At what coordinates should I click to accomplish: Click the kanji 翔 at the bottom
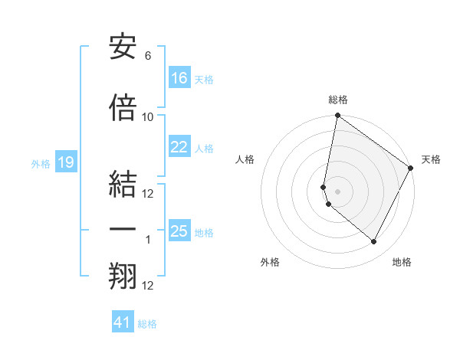coord(123,277)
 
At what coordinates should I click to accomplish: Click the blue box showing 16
coord(179,78)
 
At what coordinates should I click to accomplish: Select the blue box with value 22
coord(179,148)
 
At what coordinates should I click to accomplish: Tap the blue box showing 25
coord(179,231)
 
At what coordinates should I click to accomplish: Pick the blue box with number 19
coord(65,162)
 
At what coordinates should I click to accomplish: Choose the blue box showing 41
coord(123,322)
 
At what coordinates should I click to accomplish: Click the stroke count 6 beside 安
coord(148,56)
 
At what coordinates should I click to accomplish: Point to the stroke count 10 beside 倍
coord(148,117)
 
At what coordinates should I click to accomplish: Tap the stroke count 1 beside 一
coord(148,240)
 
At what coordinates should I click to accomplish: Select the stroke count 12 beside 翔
coord(148,286)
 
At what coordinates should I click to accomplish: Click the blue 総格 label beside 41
coord(147,324)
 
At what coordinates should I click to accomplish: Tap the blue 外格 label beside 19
coord(40,163)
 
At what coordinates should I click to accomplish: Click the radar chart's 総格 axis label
coord(338,100)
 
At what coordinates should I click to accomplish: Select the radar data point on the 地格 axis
coord(374,242)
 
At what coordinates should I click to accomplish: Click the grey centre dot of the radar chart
coord(338,191)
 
